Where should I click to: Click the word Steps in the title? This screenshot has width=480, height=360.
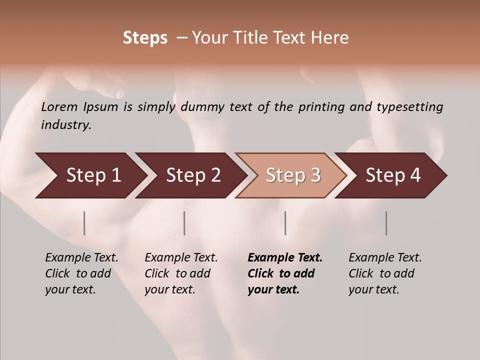point(145,38)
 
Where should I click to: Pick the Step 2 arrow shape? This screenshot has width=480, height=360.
point(193,175)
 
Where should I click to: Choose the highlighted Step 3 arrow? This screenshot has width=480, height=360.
point(293,175)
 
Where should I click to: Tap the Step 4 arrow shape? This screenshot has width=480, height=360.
point(393,175)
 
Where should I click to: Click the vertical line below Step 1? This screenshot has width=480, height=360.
point(84,223)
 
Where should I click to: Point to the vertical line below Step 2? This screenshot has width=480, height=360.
point(184,223)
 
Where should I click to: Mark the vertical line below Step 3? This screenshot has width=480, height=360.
point(285,223)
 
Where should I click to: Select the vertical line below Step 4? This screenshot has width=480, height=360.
point(386,223)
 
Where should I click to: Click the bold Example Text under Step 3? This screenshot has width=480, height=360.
point(285,257)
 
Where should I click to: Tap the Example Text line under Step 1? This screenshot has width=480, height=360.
point(81,257)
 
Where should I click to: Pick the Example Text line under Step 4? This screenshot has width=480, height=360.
point(385,257)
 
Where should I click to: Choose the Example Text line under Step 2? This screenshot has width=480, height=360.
point(181,257)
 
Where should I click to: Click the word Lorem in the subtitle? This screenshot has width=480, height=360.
point(59,106)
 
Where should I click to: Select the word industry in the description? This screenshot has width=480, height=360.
point(65,125)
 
